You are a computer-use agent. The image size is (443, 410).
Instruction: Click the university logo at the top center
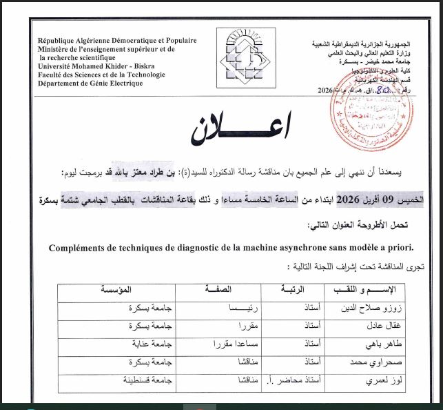[238, 59]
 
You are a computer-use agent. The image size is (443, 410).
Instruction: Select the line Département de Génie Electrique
[92, 84]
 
